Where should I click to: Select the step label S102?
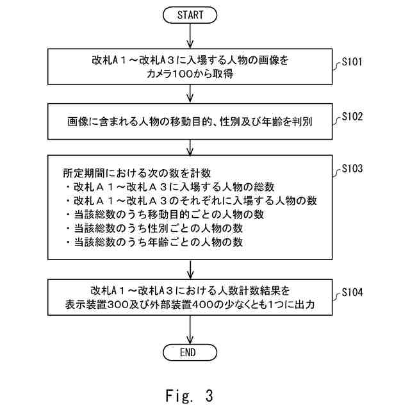(352, 117)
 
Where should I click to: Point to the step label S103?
(352, 169)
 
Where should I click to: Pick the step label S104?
(352, 293)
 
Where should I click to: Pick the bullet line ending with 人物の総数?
(170, 187)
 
